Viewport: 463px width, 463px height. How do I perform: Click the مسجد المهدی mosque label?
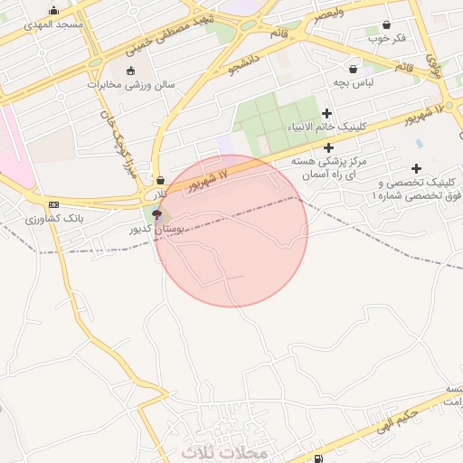tap(57, 24)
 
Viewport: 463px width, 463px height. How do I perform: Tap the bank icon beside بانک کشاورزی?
tap(53, 205)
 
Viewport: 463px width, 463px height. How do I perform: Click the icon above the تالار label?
tap(160, 180)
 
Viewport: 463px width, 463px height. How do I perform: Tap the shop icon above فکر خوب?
tap(387, 25)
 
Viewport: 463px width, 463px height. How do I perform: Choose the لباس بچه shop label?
tap(354, 81)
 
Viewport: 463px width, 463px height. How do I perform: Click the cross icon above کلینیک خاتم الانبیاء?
tap(326, 113)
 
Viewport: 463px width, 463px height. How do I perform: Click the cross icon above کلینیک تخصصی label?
tap(416, 168)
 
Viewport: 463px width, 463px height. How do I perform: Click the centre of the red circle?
tap(231, 231)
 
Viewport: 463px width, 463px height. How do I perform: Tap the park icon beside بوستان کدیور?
tap(158, 214)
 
